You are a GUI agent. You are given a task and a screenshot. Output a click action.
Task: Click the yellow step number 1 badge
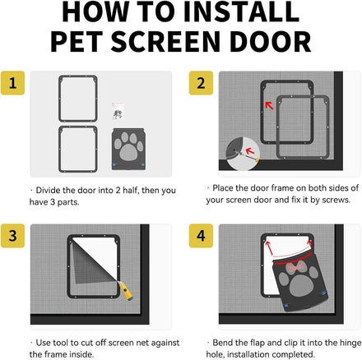click(x=12, y=83)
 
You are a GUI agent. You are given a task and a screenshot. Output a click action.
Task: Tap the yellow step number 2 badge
click(x=201, y=83)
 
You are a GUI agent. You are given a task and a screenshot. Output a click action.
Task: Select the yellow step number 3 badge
click(x=12, y=236)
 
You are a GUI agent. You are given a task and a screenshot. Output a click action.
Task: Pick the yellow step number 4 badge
click(x=201, y=236)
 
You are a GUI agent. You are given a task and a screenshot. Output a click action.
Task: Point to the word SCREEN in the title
click(x=165, y=42)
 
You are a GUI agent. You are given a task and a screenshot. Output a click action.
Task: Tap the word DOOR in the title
click(x=271, y=42)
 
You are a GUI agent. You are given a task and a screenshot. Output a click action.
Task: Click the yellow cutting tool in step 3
click(x=126, y=292)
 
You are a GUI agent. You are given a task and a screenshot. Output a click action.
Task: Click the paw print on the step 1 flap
click(x=128, y=146)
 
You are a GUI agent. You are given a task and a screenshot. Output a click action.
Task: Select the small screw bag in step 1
click(x=118, y=112)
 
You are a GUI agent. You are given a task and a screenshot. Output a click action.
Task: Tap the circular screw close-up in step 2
click(x=243, y=154)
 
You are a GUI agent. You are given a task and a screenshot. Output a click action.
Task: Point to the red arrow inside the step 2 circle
click(x=250, y=150)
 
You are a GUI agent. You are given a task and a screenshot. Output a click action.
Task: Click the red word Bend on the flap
click(x=296, y=267)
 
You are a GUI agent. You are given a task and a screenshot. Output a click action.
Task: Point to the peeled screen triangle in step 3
click(x=89, y=263)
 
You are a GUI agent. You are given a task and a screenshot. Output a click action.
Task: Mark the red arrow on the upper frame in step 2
click(x=269, y=105)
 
